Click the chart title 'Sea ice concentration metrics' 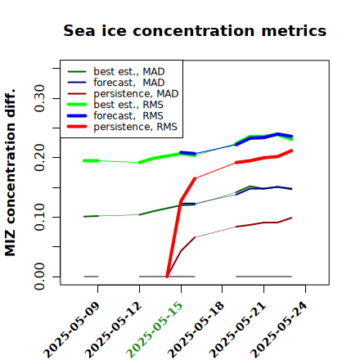[x=195, y=30]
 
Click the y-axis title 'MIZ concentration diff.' [x=10, y=173]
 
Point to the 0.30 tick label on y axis [x=39, y=98]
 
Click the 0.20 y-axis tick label [x=39, y=157]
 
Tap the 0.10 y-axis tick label [x=39, y=217]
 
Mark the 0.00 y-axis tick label [x=39, y=277]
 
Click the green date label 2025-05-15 [x=155, y=330]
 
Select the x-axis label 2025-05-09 [x=71, y=330]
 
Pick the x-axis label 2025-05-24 [x=279, y=330]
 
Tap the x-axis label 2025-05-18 [x=196, y=330]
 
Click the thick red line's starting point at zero [x=167, y=277]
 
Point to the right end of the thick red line [x=291, y=151]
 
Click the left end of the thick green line [x=84, y=160]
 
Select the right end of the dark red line [x=291, y=218]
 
